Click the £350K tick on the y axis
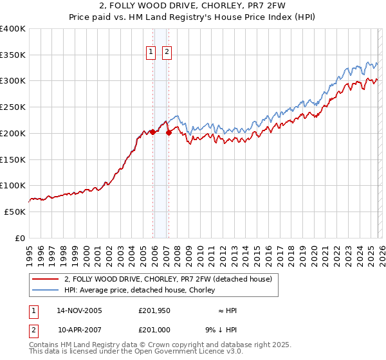[13, 55]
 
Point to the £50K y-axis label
[15, 212]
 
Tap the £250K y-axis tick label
[13, 107]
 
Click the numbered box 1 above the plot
[151, 52]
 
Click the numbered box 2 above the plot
[167, 52]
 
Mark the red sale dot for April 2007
[169, 133]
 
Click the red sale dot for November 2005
[152, 132]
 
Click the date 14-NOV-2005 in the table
[79, 310]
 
